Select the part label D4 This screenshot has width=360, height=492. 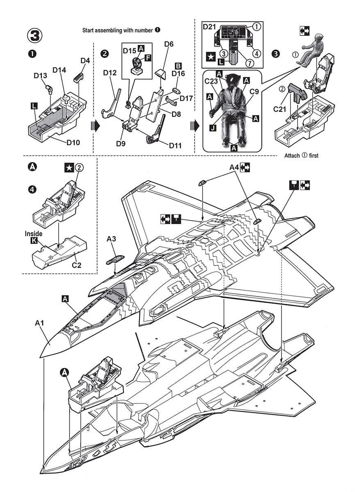[x=85, y=61]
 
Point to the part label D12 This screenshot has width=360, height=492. [x=110, y=73]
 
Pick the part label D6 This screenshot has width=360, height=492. [x=169, y=43]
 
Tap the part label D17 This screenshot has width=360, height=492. [x=186, y=98]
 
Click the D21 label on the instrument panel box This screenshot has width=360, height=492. [x=210, y=27]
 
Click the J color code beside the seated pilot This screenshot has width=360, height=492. [x=212, y=128]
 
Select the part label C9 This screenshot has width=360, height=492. [x=254, y=92]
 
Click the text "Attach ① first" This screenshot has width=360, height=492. [x=301, y=156]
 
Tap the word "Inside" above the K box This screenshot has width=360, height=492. [x=34, y=234]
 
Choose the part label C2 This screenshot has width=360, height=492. [x=76, y=265]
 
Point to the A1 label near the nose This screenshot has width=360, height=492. [x=39, y=323]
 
